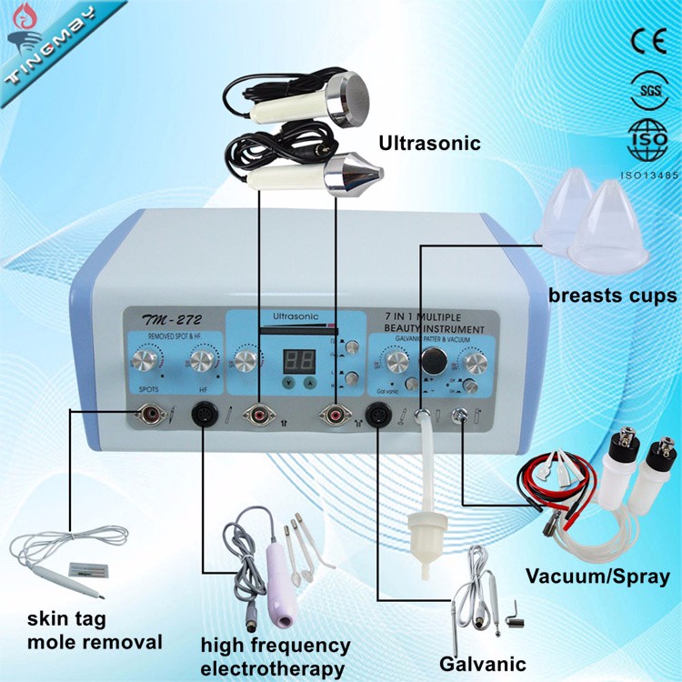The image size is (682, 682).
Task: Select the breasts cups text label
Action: (x=612, y=296)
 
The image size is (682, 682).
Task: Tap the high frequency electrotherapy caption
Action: (x=276, y=657)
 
